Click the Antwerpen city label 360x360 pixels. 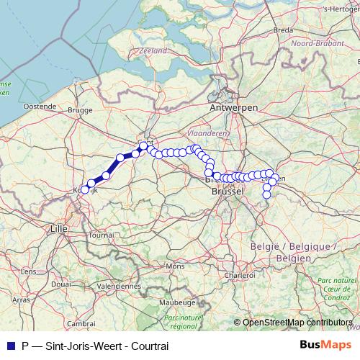tap(234, 107)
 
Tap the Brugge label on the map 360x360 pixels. tap(80, 111)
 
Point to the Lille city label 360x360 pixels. tap(58, 228)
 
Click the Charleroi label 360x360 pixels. tap(238, 275)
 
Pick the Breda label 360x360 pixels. tap(283, 30)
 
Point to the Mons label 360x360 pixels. tap(175, 266)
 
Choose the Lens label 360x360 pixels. tap(29, 271)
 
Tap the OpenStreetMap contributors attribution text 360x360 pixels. tap(297, 323)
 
